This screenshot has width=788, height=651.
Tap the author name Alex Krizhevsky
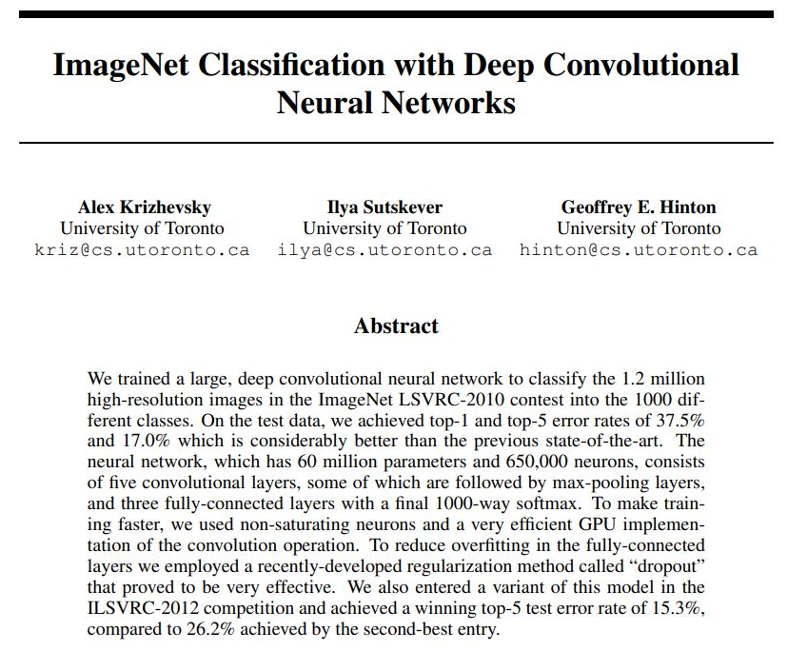(x=144, y=207)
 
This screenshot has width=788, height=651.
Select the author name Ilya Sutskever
(x=384, y=207)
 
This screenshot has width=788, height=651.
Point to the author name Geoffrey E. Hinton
(x=639, y=207)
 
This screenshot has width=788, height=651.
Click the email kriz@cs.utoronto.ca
(x=142, y=250)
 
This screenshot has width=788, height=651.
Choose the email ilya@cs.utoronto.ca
(x=384, y=250)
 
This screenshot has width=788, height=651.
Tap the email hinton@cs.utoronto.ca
(x=639, y=250)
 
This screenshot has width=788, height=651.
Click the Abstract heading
(x=396, y=326)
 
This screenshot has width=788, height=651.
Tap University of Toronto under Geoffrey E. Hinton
(x=639, y=228)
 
